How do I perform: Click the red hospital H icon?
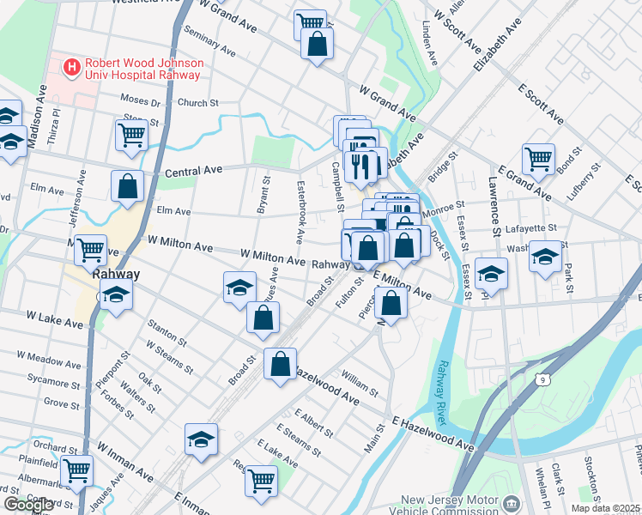pos(72,65)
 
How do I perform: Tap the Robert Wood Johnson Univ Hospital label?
pos(142,69)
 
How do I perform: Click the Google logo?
pos(29,505)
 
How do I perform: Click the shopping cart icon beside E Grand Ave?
pos(538,158)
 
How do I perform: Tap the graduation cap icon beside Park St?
pos(545,257)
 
